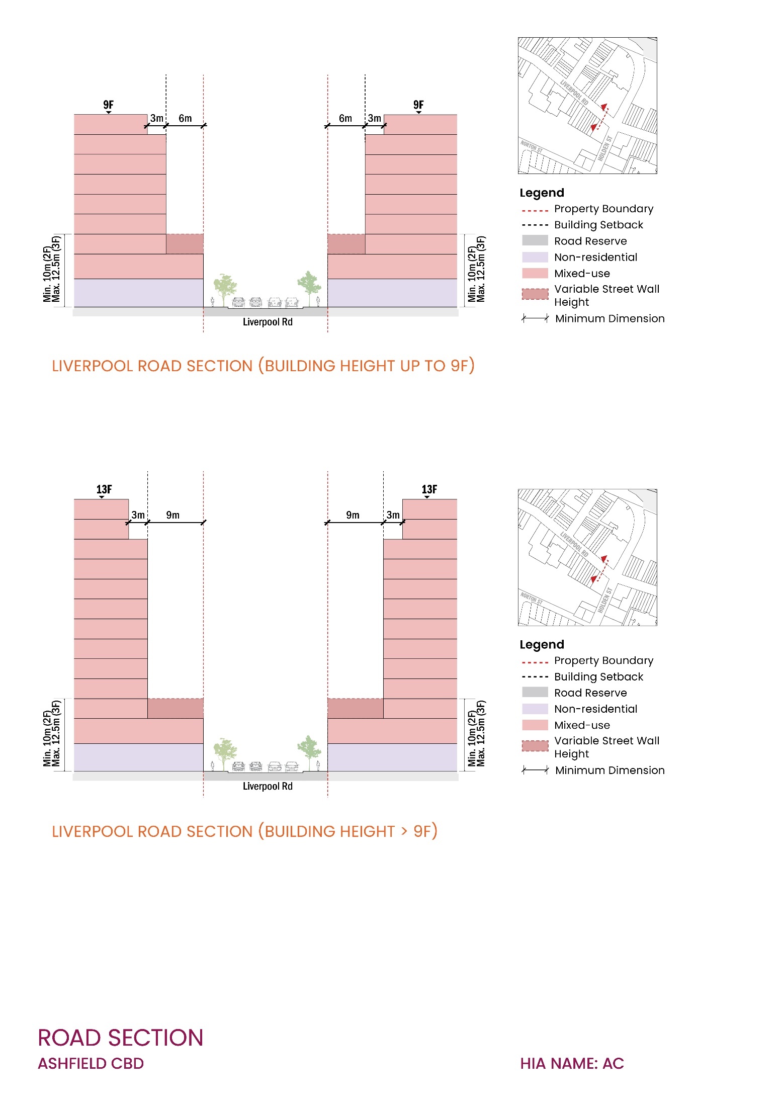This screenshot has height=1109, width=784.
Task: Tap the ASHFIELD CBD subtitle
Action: (x=91, y=1064)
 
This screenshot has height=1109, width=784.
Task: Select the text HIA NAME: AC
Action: (x=572, y=1064)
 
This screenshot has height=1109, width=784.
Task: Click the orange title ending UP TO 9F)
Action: (x=263, y=366)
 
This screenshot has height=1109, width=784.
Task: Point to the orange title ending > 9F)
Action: (x=244, y=831)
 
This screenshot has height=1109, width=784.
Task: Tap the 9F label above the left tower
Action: (x=109, y=105)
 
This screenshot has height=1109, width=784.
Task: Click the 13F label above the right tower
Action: (x=429, y=489)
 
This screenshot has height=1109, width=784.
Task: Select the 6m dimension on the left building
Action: (x=185, y=119)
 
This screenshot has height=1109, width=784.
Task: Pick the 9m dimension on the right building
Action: (x=353, y=515)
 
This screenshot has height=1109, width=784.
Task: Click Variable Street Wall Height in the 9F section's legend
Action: (x=606, y=295)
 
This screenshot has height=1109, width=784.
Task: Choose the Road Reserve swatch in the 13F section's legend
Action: (x=535, y=692)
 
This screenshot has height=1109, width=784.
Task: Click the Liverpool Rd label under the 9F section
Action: (x=268, y=322)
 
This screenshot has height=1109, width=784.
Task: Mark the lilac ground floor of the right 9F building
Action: (x=392, y=293)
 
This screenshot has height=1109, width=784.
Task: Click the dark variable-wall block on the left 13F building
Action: (x=176, y=708)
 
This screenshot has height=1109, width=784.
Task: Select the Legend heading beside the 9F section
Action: (x=542, y=193)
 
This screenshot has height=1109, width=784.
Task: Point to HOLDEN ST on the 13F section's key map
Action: (x=605, y=600)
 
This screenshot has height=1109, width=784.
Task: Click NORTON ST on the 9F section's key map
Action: (x=531, y=147)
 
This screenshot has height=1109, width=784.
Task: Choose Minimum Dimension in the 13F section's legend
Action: (x=610, y=770)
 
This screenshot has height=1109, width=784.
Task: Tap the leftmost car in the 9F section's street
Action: (x=238, y=302)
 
